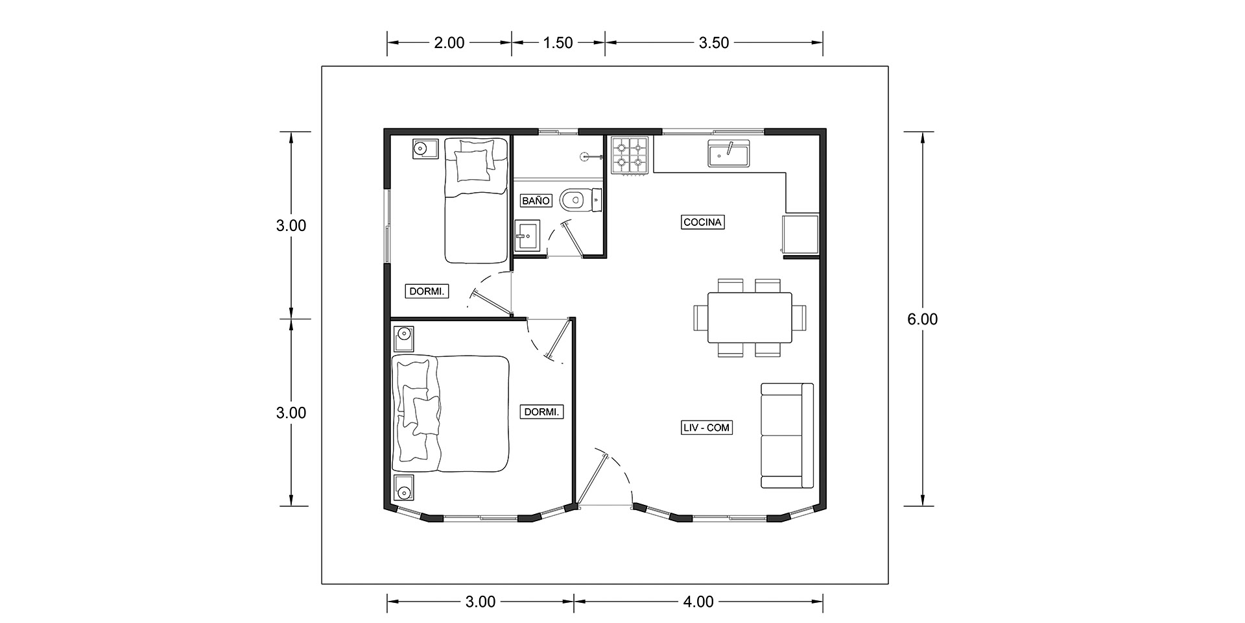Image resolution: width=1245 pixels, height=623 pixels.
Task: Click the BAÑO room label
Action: pos(536,201)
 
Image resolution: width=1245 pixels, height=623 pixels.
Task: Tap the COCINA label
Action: pos(703,222)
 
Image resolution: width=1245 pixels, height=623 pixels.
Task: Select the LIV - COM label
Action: pos(707,428)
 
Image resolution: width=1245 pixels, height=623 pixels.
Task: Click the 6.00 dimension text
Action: pos(923,319)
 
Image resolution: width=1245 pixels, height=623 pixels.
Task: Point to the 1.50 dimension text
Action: pos(558,43)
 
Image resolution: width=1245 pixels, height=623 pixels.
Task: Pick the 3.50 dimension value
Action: pos(714,43)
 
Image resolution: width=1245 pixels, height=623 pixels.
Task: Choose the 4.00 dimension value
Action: pos(698,602)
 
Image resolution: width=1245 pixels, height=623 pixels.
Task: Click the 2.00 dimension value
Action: pos(449,43)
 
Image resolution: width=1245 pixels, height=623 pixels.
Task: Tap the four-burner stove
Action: pos(630,156)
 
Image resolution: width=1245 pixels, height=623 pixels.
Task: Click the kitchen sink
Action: pos(729,153)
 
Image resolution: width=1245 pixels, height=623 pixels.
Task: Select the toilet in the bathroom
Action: pos(582,201)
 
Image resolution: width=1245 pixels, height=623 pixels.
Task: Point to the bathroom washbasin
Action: pos(527,236)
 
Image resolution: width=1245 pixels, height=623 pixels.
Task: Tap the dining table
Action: pos(750,318)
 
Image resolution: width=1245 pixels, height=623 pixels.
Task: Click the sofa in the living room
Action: pos(787,435)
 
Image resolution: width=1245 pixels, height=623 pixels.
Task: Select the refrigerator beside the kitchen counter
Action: pos(801,234)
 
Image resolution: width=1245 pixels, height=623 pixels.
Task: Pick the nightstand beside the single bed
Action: pos(425,149)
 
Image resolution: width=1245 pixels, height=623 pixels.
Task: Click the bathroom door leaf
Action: pos(573,239)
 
